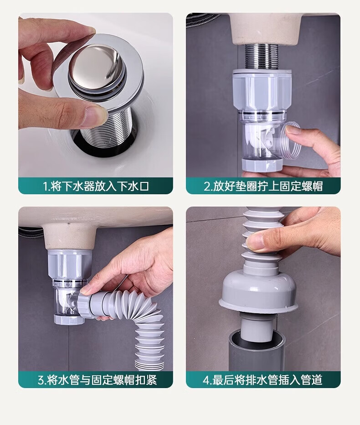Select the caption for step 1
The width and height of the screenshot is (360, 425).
point(96,186)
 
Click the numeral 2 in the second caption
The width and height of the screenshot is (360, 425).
point(207,187)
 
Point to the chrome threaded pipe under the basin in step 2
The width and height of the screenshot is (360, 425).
point(262,57)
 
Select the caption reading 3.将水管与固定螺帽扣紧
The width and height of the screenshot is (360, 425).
point(97,380)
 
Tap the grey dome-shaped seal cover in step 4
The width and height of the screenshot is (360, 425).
point(259,293)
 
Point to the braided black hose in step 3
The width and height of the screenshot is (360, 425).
point(31,233)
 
